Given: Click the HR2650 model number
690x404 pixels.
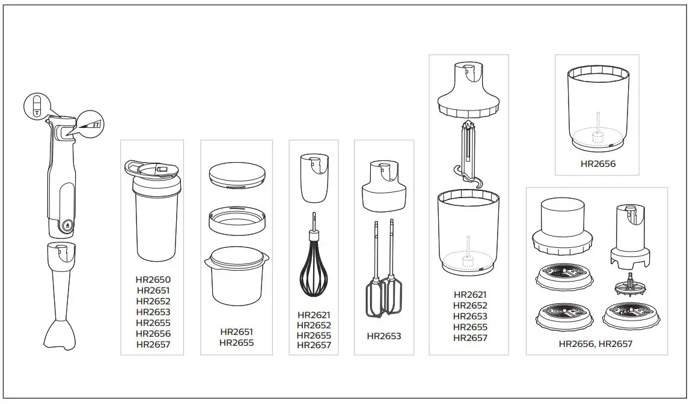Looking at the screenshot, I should click(x=153, y=280).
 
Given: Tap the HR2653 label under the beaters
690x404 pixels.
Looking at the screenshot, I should click(x=383, y=336).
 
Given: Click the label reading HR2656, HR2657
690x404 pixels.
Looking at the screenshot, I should click(x=595, y=344).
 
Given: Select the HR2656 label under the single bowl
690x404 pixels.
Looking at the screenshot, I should click(x=597, y=163).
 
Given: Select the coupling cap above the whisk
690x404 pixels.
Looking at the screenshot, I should click(x=314, y=178).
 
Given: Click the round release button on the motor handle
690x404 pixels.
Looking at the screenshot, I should click(x=67, y=226).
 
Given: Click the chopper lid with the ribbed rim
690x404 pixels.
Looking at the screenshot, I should click(x=468, y=90).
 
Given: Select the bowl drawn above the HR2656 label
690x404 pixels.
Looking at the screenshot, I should click(x=597, y=108).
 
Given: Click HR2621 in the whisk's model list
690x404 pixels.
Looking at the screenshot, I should click(x=314, y=315).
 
